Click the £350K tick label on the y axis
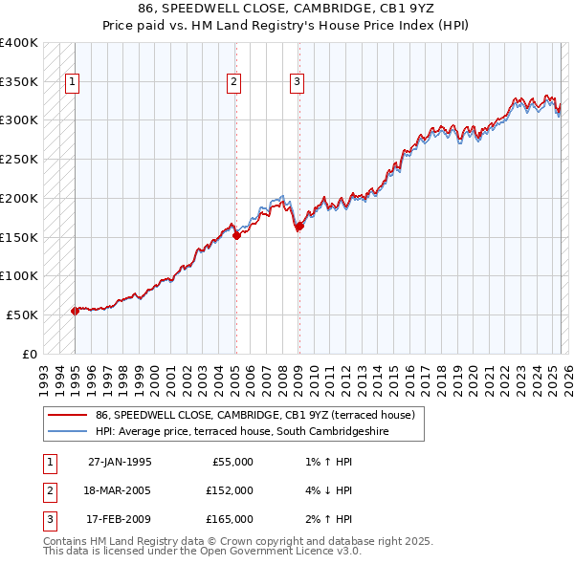[x=19, y=82]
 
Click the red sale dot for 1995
[x=75, y=311]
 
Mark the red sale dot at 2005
[x=236, y=235]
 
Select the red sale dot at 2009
[x=299, y=227]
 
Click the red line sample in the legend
[x=68, y=416]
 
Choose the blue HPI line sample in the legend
[x=68, y=432]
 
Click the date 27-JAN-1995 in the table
[x=120, y=462]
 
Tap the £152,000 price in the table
[x=230, y=490]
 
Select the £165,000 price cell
[x=230, y=519]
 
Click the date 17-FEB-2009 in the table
[x=120, y=519]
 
